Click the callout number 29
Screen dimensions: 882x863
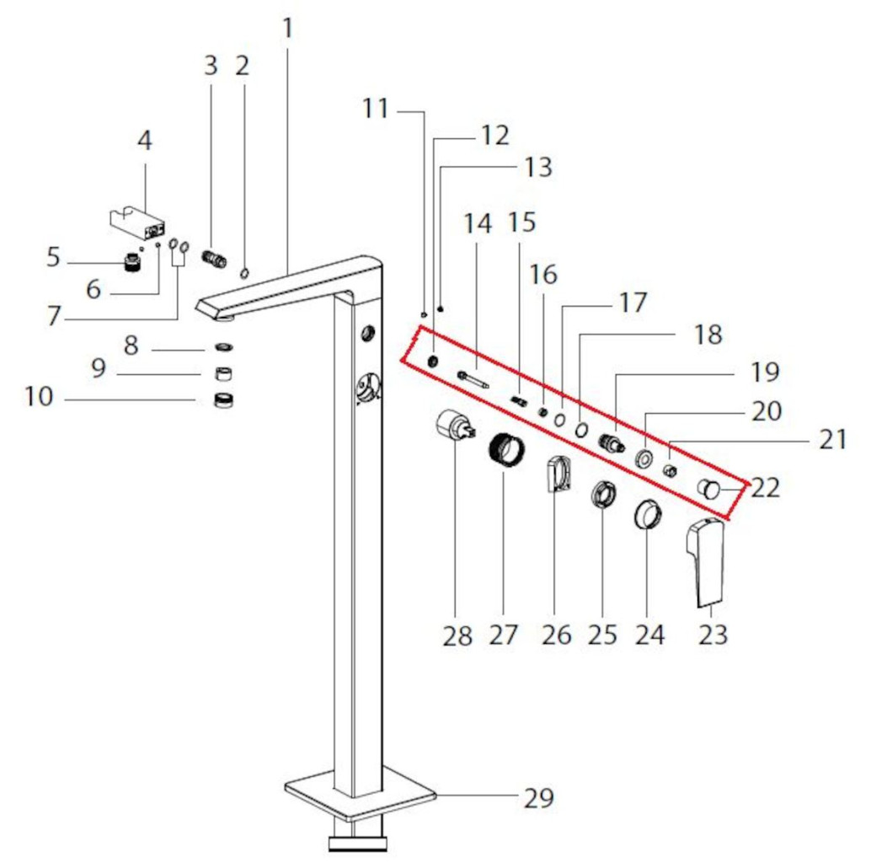(539, 797)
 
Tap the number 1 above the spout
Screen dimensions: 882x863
(287, 29)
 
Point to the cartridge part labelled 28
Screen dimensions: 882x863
(457, 427)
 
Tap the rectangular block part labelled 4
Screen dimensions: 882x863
(137, 224)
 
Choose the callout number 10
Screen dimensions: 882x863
(38, 396)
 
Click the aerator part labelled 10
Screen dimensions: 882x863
(224, 400)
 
